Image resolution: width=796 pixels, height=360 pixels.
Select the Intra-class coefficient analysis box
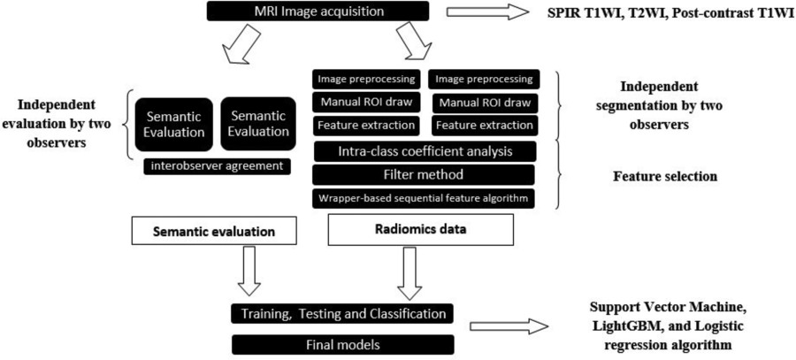tap(425, 150)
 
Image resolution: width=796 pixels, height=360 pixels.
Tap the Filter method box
tap(425, 174)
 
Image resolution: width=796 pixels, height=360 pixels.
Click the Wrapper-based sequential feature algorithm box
tap(425, 197)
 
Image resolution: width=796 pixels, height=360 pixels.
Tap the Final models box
tap(341, 342)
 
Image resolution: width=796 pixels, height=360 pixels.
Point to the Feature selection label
tap(665, 177)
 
